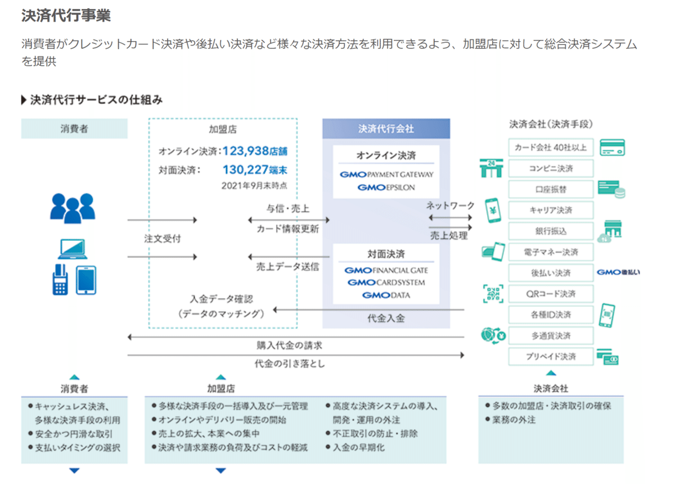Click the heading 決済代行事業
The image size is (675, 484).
(66, 15)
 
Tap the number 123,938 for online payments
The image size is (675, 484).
(246, 151)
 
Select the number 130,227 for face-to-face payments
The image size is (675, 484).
(246, 170)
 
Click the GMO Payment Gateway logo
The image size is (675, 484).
(386, 174)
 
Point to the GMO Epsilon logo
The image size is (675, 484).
(386, 187)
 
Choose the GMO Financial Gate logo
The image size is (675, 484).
(386, 270)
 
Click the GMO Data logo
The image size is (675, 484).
(386, 295)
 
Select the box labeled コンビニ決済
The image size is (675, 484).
(551, 168)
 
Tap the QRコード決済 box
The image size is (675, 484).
(551, 294)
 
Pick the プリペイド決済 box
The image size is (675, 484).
(551, 356)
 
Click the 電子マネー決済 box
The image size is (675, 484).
(551, 252)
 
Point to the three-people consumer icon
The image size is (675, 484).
(73, 208)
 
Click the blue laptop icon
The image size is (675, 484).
(73, 249)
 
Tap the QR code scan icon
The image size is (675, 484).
(493, 294)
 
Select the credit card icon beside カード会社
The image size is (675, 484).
(612, 147)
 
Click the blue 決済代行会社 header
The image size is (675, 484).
(386, 129)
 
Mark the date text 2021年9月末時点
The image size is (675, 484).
(254, 186)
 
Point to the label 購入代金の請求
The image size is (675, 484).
(289, 346)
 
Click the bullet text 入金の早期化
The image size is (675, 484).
(359, 447)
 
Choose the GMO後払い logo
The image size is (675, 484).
(618, 272)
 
